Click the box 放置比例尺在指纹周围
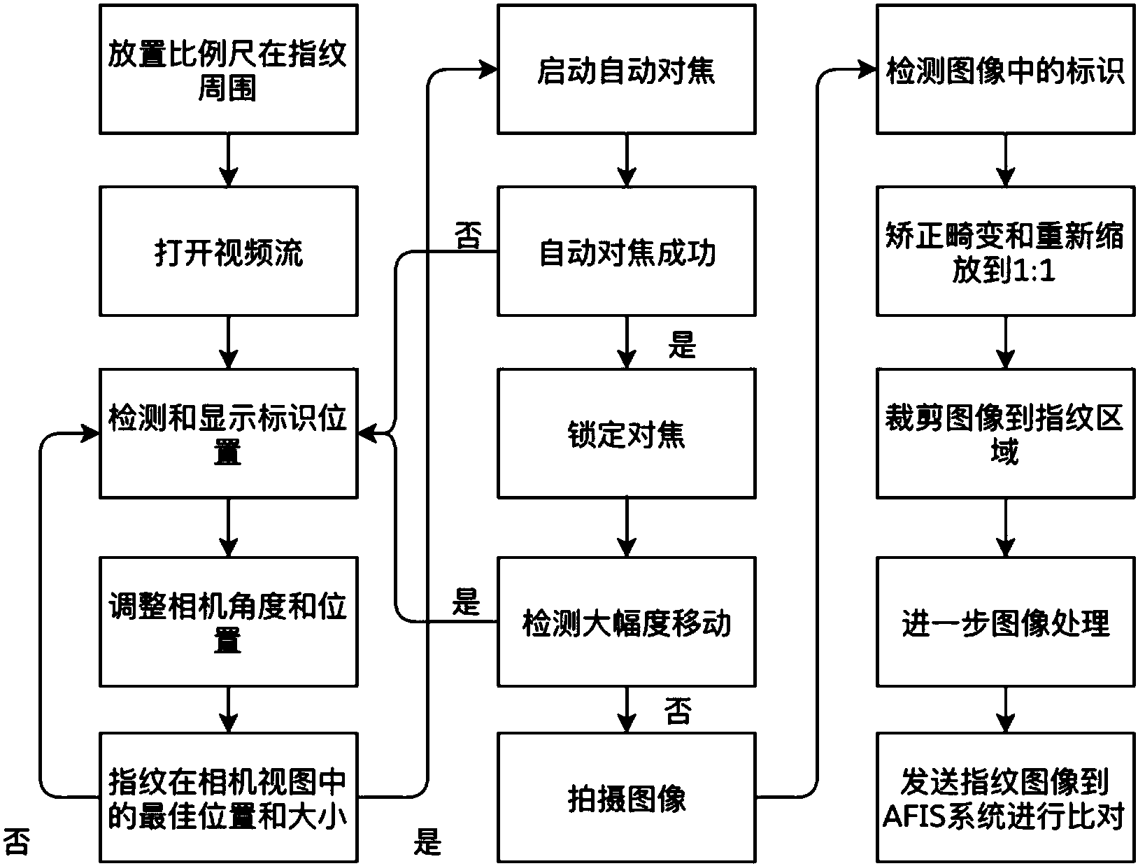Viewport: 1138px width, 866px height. point(228,69)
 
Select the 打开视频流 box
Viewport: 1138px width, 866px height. point(228,251)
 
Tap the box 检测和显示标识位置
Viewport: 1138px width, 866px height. point(228,434)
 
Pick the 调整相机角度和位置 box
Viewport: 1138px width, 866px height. point(228,622)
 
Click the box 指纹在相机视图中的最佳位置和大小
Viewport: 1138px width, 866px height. point(228,797)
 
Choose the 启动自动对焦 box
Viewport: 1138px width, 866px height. point(626,69)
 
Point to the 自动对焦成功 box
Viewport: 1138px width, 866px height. point(626,251)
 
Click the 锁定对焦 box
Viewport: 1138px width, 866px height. point(626,434)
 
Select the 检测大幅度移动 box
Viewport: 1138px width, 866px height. point(626,622)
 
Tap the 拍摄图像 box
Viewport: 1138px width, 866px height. point(626,797)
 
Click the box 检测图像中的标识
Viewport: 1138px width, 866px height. point(1005,69)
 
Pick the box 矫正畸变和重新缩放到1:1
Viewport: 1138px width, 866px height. point(1005,251)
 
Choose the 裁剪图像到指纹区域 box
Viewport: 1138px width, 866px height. point(1005,434)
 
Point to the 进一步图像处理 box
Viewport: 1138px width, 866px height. point(1005,622)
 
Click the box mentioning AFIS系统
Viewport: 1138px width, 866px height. point(1005,797)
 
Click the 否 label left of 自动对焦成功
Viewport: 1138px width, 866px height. point(468,236)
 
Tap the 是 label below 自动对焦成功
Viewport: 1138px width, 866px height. point(682,345)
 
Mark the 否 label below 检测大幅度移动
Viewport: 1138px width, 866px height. point(676,712)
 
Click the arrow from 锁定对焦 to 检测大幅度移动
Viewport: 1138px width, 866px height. point(626,528)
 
